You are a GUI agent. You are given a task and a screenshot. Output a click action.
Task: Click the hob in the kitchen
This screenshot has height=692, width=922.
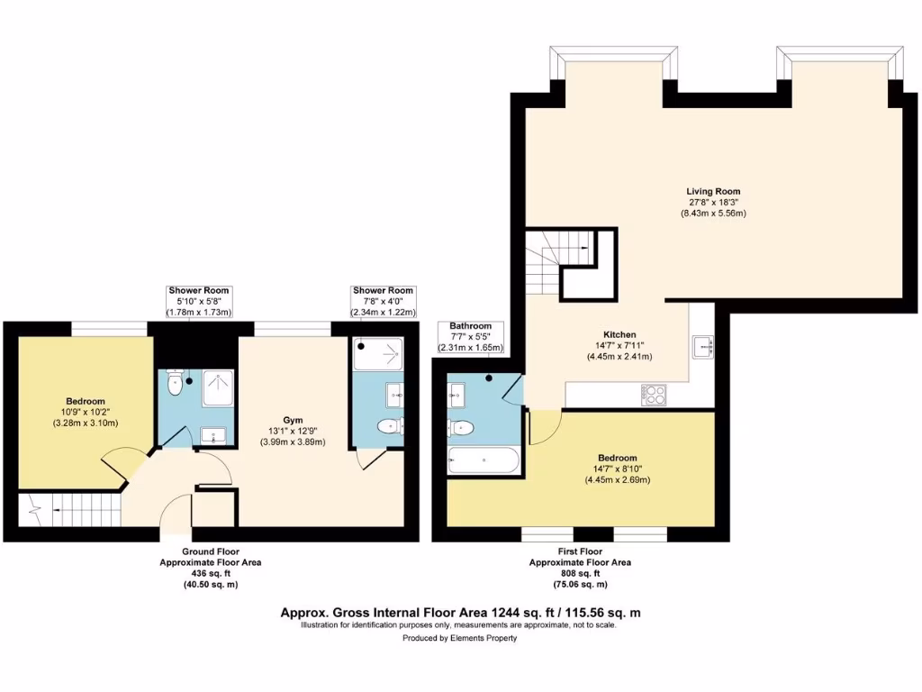[x=653, y=394]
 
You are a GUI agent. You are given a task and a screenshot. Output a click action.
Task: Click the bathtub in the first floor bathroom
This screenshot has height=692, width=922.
[x=484, y=461]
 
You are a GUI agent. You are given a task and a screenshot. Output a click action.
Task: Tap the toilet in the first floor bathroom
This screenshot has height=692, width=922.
[x=460, y=427]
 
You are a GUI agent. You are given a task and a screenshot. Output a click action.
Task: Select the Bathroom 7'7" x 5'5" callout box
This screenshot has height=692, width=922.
[x=470, y=336]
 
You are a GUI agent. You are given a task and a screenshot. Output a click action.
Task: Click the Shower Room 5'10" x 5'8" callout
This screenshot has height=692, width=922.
[x=199, y=301]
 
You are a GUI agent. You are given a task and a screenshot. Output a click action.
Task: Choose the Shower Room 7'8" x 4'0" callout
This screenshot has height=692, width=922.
[x=383, y=301]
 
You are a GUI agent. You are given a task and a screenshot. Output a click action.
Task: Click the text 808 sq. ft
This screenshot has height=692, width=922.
[x=579, y=573]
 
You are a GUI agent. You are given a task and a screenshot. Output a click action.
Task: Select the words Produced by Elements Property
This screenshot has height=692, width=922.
[x=460, y=638]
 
